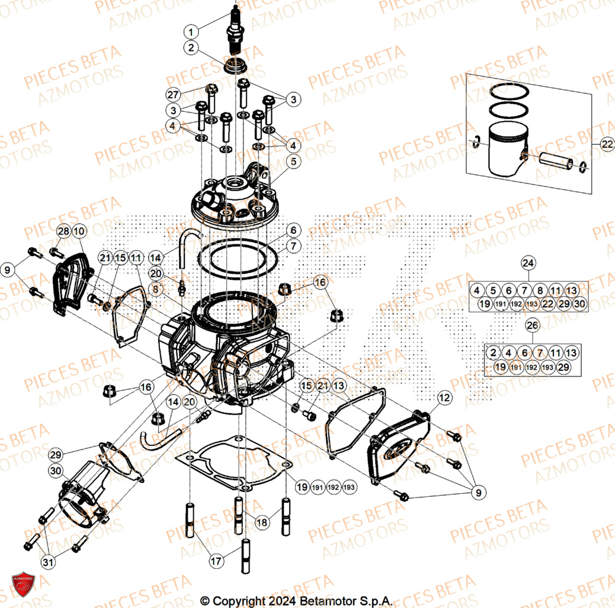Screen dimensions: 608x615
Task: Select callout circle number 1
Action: tap(191, 31)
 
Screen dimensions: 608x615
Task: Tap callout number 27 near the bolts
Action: tap(173, 95)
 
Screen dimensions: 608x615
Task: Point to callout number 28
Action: tap(63, 232)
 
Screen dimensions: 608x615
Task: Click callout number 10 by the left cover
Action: tap(79, 232)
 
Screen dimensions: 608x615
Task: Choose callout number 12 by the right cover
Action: tap(445, 399)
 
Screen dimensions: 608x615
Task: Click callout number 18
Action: tap(262, 523)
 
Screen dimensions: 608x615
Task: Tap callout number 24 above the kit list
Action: tap(528, 263)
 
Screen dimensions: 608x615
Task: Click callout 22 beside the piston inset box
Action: tap(607, 144)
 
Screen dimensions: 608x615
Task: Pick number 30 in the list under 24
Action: tap(579, 303)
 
